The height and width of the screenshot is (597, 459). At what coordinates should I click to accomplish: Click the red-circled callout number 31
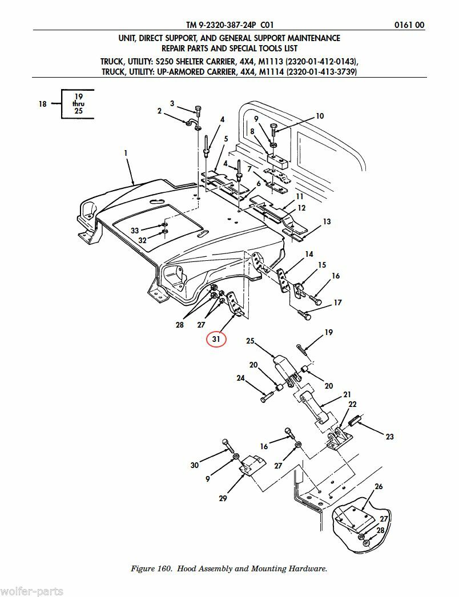[x=216, y=339]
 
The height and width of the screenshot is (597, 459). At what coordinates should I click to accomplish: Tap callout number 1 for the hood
[x=126, y=153]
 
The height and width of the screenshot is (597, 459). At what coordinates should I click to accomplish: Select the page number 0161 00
[x=409, y=25]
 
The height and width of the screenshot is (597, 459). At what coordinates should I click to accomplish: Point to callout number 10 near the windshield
[x=320, y=116]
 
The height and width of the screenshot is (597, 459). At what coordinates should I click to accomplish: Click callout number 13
[x=327, y=221]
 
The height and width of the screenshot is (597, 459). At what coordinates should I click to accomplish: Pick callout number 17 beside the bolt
[x=337, y=302]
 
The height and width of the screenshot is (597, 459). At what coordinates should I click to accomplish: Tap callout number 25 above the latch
[x=250, y=341]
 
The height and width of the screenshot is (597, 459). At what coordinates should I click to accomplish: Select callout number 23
[x=389, y=437]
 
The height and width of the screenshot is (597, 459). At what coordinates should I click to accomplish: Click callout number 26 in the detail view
[x=379, y=486]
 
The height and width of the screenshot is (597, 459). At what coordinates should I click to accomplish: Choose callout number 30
[x=195, y=465]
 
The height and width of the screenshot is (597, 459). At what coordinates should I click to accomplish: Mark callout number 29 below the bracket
[x=223, y=498]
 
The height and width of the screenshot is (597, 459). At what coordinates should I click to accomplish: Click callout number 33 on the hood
[x=135, y=231]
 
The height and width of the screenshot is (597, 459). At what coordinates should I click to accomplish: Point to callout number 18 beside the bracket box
[x=43, y=103]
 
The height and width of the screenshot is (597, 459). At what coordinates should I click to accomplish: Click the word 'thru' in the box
[x=78, y=103]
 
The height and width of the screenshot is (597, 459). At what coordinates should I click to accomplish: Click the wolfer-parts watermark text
[x=31, y=591]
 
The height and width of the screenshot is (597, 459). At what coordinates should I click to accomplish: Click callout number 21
[x=347, y=394]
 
